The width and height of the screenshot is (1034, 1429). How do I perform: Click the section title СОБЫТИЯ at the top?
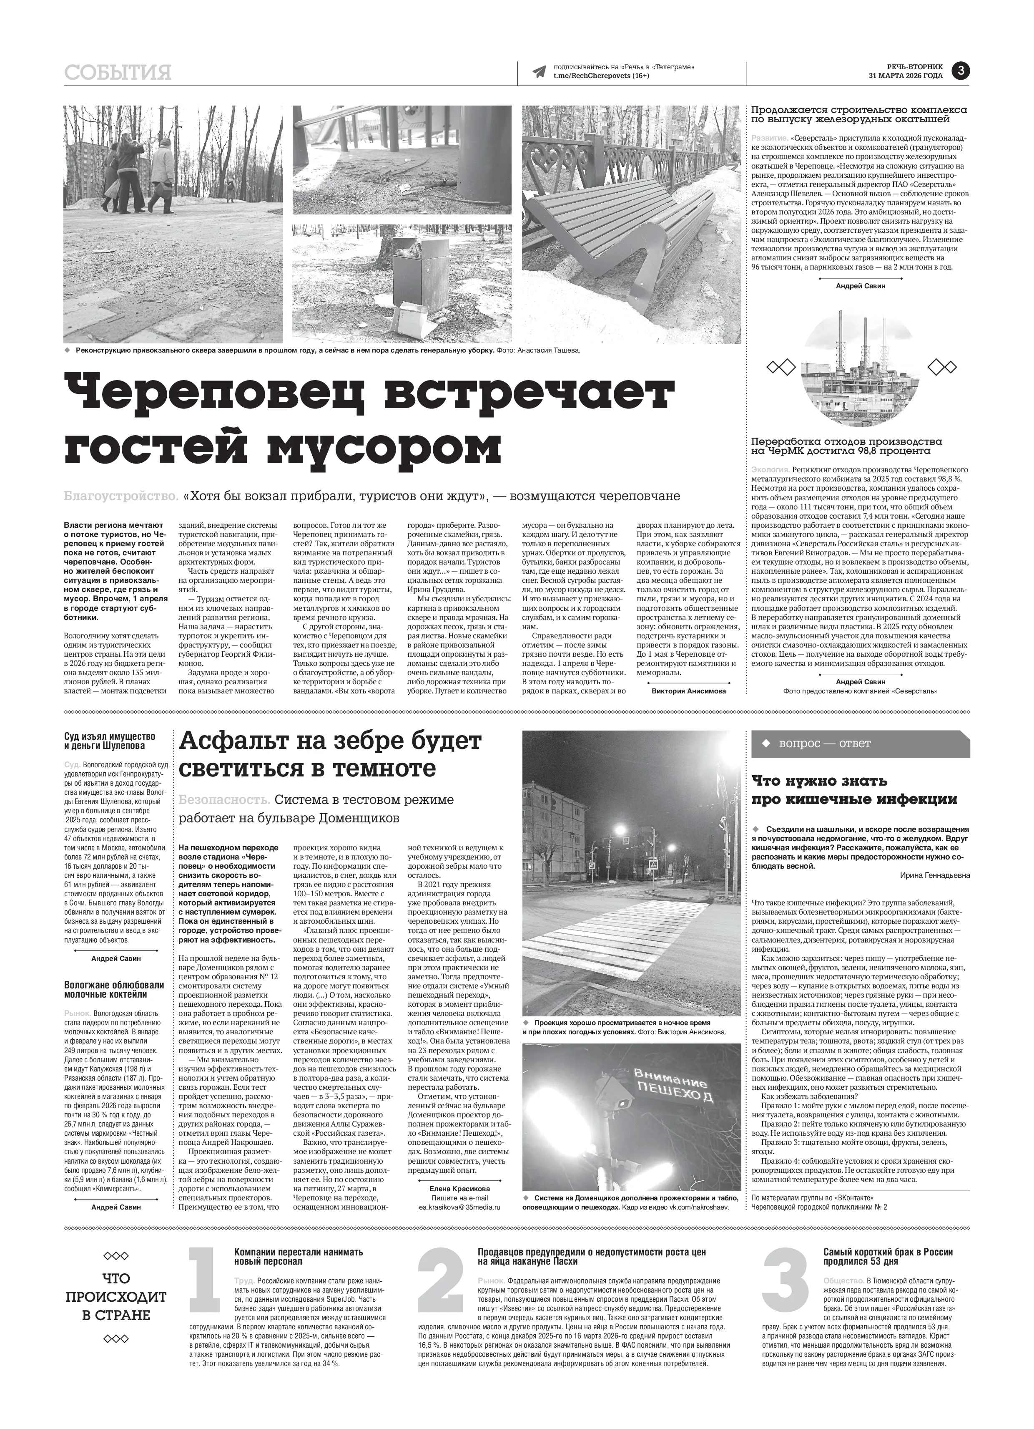(x=117, y=73)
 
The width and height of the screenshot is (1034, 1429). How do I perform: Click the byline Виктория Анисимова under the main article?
(x=688, y=691)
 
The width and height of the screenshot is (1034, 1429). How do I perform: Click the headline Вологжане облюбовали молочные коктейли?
(x=114, y=990)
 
